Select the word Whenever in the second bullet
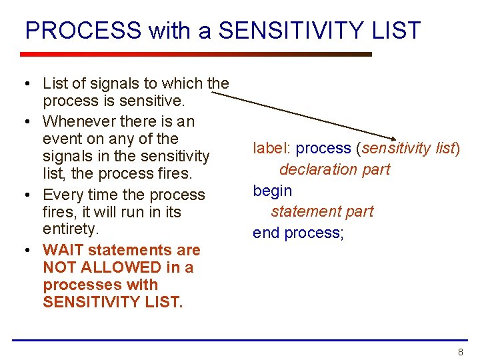tap(79, 121)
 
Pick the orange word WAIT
tap(63, 250)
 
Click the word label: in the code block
tap(272, 148)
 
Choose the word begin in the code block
tap(272, 191)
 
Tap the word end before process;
tap(266, 233)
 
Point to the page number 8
tap(460, 352)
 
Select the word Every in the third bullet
tap(61, 195)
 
